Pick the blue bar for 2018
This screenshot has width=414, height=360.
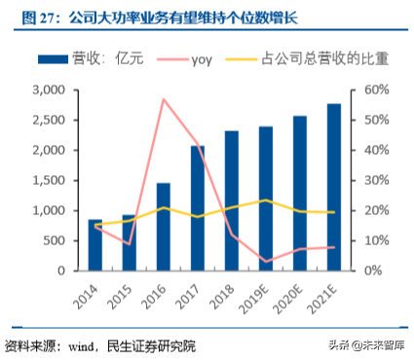tap(232, 200)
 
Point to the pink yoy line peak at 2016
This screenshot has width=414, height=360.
tap(164, 99)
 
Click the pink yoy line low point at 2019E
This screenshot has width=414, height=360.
tap(266, 261)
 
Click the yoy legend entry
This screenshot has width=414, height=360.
tap(204, 58)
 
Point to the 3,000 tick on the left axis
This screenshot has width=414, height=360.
tap(47, 90)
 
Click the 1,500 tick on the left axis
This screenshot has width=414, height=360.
tap(47, 180)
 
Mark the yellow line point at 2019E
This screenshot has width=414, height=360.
tap(266, 200)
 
